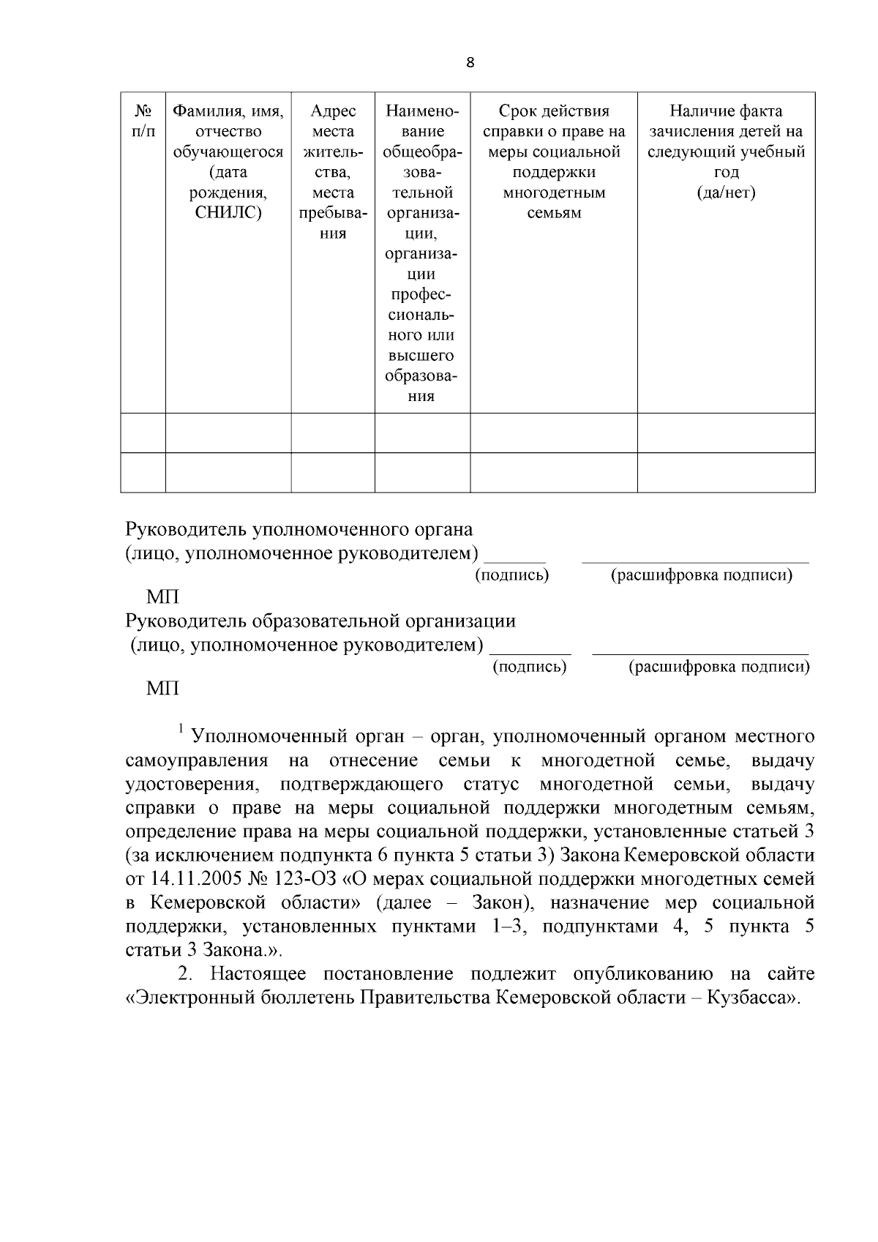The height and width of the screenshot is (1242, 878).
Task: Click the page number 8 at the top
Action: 470,63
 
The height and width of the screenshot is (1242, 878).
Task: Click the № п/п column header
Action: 143,121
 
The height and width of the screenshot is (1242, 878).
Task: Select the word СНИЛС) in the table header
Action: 228,213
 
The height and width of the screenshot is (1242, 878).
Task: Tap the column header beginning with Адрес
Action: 333,172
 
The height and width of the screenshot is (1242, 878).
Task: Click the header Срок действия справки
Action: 554,162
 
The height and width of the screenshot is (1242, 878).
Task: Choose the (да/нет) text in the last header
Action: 726,192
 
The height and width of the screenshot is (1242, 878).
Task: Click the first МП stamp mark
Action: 162,597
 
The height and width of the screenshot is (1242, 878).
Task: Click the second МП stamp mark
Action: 162,689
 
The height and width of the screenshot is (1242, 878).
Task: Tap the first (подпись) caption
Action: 512,575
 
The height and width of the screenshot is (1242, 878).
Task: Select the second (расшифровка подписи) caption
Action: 719,667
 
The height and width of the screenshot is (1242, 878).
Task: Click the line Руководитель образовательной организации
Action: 320,621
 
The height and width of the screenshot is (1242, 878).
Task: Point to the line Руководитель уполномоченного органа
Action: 299,529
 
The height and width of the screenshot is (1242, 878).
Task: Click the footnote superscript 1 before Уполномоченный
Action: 181,728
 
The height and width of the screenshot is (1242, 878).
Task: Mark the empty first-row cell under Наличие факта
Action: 726,433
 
